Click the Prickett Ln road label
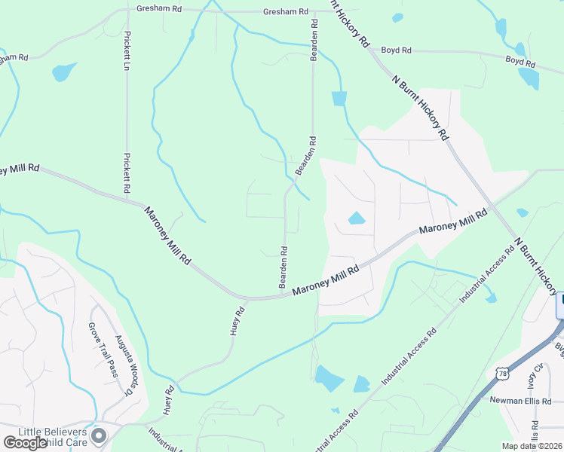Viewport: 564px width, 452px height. pyautogui.click(x=128, y=50)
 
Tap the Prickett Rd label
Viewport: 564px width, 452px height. pyautogui.click(x=127, y=173)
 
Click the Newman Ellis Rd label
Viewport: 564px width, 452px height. pyautogui.click(x=520, y=400)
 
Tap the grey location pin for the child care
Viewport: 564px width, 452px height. pyautogui.click(x=98, y=435)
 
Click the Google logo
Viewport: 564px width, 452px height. pyautogui.click(x=26, y=443)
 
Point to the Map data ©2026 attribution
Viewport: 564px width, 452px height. pyautogui.click(x=531, y=446)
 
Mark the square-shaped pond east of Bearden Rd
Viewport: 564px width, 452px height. pyautogui.click(x=339, y=98)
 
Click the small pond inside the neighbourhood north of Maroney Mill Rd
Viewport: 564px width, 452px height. pyautogui.click(x=356, y=219)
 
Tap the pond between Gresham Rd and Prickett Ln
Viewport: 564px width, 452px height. pyautogui.click(x=64, y=72)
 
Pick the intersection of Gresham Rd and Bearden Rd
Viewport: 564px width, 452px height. pyautogui.click(x=313, y=12)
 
